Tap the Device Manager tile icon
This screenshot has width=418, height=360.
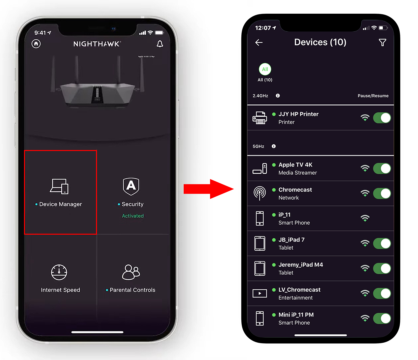[59, 186]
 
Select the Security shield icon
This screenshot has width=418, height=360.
[131, 186]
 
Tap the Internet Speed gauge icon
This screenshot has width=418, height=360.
[59, 272]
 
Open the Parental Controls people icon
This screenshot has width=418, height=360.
[131, 272]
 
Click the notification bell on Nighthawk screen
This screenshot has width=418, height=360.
[160, 44]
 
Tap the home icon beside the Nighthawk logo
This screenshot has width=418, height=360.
[36, 44]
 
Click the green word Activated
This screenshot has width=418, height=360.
[133, 216]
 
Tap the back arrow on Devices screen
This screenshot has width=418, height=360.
[259, 42]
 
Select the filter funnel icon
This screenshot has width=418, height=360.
[382, 42]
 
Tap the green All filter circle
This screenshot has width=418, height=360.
[265, 69]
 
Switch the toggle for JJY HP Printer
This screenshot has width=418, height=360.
[382, 118]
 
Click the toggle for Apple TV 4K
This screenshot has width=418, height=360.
[382, 169]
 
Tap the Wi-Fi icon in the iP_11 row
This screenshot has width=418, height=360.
[365, 218]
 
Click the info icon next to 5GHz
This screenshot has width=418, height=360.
[274, 146]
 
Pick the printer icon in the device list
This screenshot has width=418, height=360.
[260, 118]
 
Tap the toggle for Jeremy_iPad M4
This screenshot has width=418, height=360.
[382, 268]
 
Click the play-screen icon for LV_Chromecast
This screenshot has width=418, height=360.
[260, 293]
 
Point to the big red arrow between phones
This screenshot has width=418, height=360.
[208, 189]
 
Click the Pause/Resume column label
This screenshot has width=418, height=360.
[373, 96]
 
